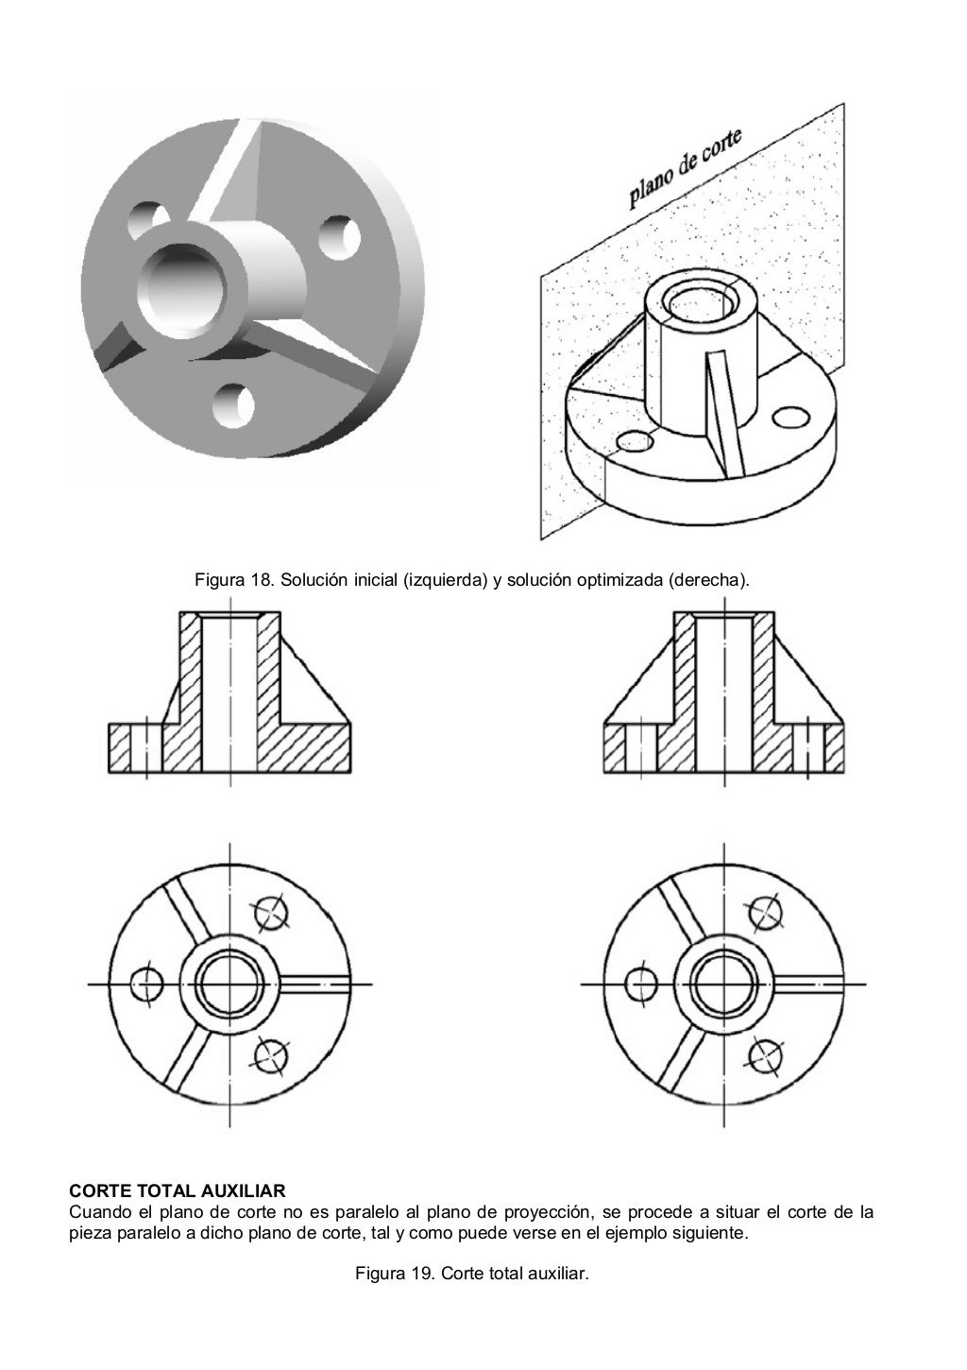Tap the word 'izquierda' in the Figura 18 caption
[438, 578]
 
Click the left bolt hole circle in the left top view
[146, 985]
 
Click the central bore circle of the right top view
[721, 985]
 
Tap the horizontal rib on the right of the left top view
[321, 985]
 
